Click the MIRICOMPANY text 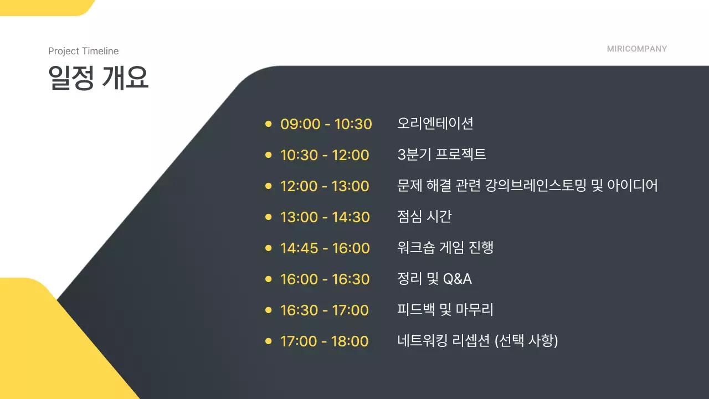pos(636,49)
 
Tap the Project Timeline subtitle pos(83,51)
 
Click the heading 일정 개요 pos(99,78)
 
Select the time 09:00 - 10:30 pos(326,124)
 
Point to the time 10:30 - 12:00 pos(325,155)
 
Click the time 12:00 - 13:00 pos(325,186)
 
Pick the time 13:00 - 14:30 pos(325,217)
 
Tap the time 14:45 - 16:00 pos(325,248)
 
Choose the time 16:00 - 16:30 pos(325,279)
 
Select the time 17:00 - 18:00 pos(324,341)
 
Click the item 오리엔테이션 pos(435,123)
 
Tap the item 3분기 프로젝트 pos(441,155)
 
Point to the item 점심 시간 pos(424,217)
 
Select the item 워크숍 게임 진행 pos(445,248)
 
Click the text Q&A pos(457,279)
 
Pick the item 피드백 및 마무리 pos(445,310)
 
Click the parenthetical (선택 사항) pos(526,341)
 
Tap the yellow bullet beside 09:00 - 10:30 pos(268,124)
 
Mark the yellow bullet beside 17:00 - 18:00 pos(268,341)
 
